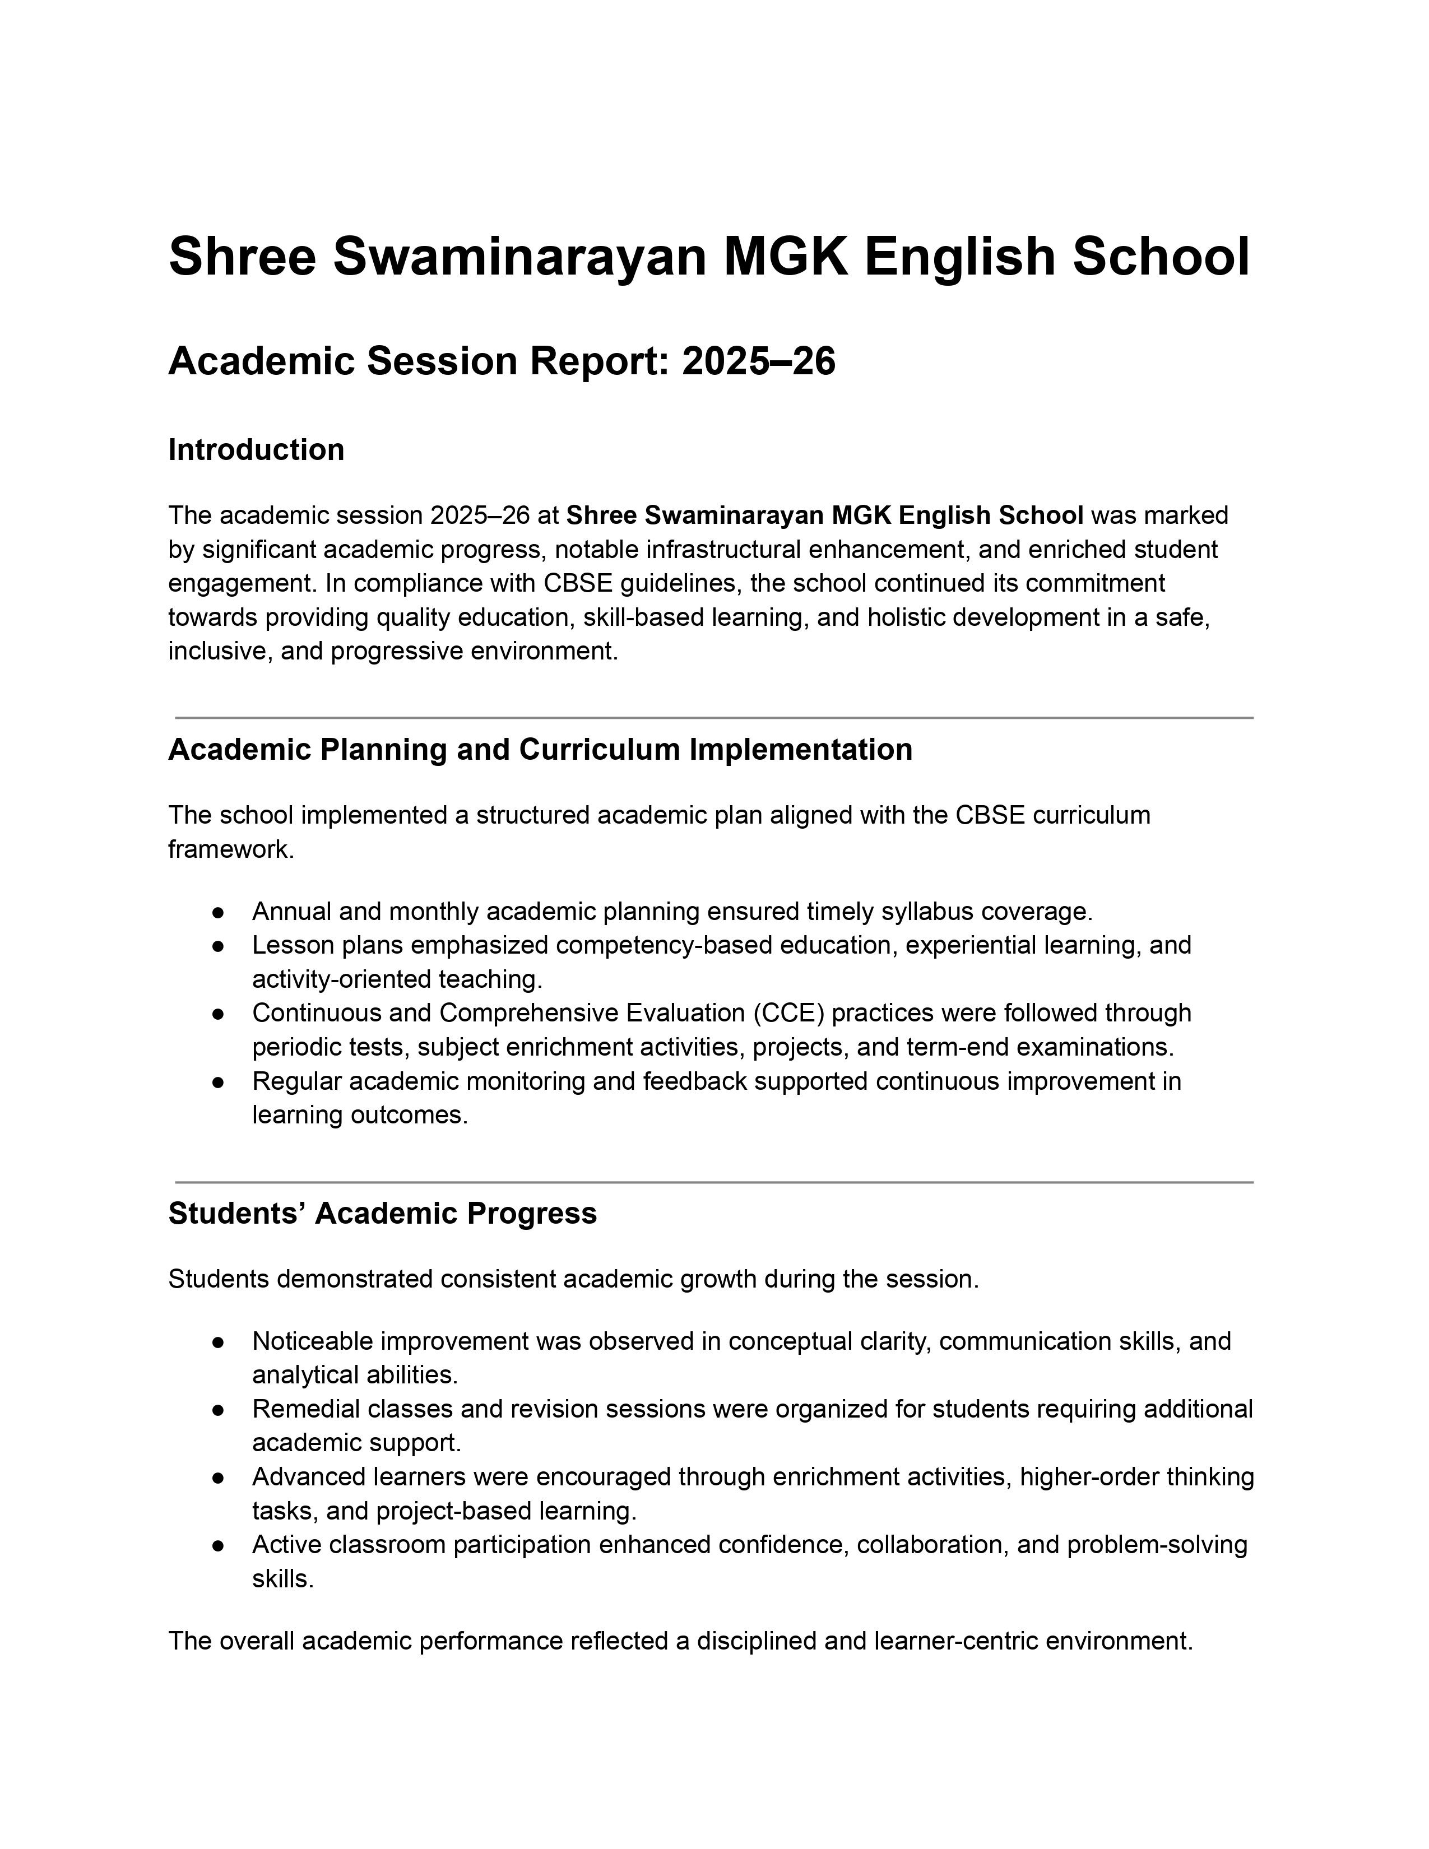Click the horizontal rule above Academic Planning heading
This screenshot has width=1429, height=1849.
(x=713, y=718)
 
